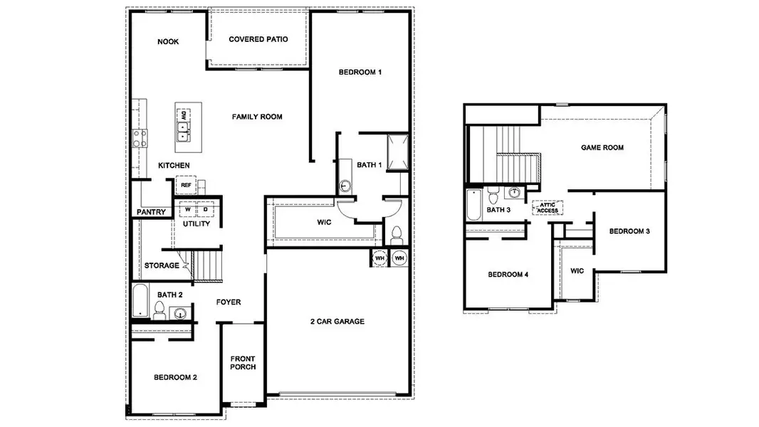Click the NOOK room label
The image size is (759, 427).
click(168, 42)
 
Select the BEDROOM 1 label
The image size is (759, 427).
click(360, 73)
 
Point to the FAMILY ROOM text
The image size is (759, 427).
click(257, 117)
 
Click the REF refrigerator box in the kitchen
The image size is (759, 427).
click(186, 185)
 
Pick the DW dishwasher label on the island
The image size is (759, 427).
click(184, 115)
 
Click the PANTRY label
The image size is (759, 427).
click(152, 212)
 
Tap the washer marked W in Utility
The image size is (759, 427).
click(188, 210)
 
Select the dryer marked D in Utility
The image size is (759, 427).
click(205, 210)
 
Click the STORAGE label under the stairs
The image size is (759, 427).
click(162, 266)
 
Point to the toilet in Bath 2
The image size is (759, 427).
click(159, 310)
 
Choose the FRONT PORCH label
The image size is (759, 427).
click(243, 363)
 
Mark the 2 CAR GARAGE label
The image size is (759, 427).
click(337, 322)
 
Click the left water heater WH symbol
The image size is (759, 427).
click(379, 258)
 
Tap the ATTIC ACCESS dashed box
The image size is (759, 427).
click(548, 208)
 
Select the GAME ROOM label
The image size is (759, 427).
click(602, 148)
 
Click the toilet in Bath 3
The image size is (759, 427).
click(494, 194)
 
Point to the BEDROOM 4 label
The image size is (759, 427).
click(508, 275)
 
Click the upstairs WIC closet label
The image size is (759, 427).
click(577, 271)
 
